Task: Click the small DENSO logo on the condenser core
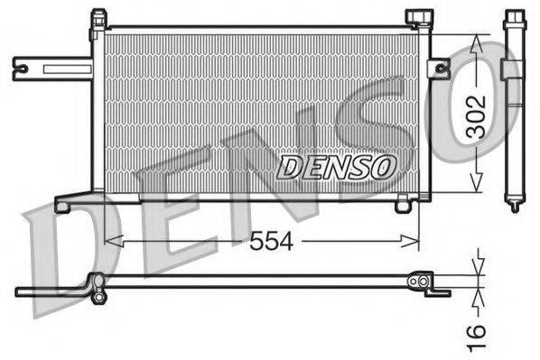point(337,166)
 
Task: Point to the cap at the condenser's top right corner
point(418,18)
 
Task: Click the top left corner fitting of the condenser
point(98,24)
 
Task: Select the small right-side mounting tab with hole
point(439,68)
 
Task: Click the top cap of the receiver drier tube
point(515,18)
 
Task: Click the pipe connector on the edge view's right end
point(421,283)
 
